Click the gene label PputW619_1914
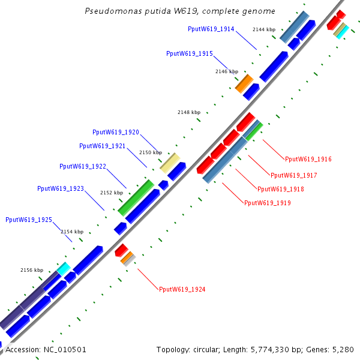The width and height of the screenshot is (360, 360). [211, 29]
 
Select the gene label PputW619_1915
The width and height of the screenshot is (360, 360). [189, 53]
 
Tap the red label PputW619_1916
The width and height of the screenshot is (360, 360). [308, 159]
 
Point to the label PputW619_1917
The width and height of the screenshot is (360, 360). [293, 175]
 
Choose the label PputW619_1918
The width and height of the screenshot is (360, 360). [280, 189]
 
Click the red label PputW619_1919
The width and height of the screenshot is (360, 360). [267, 203]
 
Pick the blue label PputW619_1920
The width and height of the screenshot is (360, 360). [116, 132]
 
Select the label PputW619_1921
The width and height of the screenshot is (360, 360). [102, 146]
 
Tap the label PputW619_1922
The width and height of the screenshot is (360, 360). [83, 166]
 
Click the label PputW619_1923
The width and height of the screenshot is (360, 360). [61, 188]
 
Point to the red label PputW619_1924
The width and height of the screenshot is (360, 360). [182, 289]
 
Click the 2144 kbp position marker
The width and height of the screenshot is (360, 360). [264, 29]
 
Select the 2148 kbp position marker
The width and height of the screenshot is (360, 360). [189, 112]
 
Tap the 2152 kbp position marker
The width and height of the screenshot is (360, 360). [111, 193]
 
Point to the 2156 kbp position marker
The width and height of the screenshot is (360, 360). [32, 270]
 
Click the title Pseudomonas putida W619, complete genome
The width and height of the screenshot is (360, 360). [180, 11]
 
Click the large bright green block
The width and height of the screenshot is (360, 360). [136, 197]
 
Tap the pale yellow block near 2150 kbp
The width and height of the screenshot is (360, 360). [170, 163]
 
